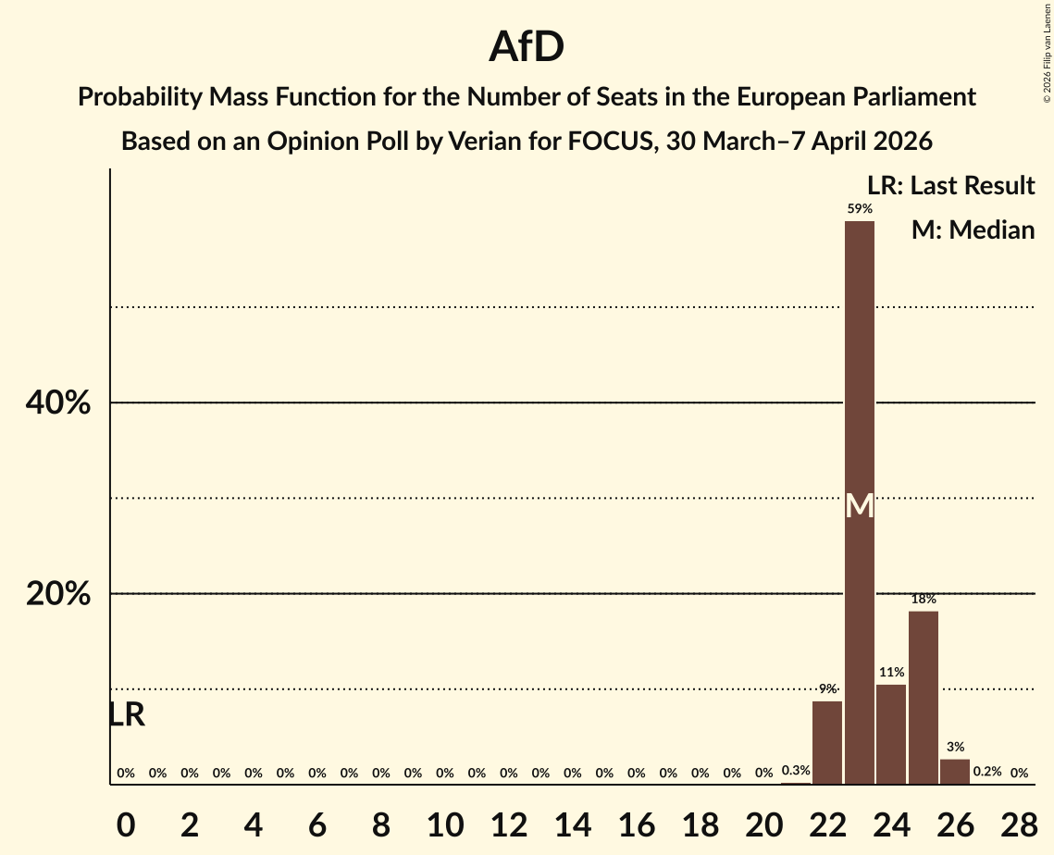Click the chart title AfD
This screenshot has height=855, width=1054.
pyautogui.click(x=527, y=47)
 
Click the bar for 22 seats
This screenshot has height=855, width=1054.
pyautogui.click(x=827, y=742)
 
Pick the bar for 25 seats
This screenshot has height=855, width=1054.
pyautogui.click(x=924, y=698)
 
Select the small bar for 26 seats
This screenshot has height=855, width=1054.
pyautogui.click(x=955, y=772)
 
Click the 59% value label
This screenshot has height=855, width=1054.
pyautogui.click(x=860, y=209)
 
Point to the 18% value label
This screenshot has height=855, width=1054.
pyautogui.click(x=924, y=600)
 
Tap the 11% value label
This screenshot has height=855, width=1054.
pyautogui.click(x=891, y=673)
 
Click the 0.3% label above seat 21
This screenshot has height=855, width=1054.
pyautogui.click(x=796, y=771)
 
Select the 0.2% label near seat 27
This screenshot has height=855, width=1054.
pyautogui.click(x=987, y=772)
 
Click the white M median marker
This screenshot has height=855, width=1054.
pyautogui.click(x=860, y=506)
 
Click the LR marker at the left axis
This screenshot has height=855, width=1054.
pyautogui.click(x=127, y=715)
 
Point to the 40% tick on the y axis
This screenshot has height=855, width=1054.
pyautogui.click(x=58, y=403)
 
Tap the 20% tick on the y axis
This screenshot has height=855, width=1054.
pyautogui.click(x=58, y=594)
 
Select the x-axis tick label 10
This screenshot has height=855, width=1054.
pyautogui.click(x=445, y=822)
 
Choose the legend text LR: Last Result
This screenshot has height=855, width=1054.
pyautogui.click(x=950, y=186)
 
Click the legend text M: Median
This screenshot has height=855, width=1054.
pyautogui.click(x=973, y=229)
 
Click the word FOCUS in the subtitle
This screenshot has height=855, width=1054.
pyautogui.click(x=609, y=142)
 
